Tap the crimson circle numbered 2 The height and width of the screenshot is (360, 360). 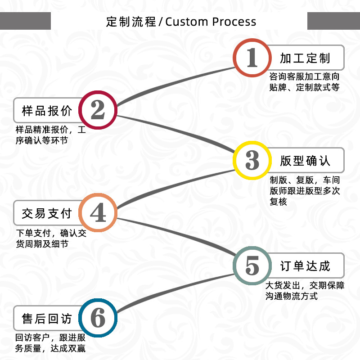tap(98, 110)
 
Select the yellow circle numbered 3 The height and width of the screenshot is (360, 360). tap(252, 160)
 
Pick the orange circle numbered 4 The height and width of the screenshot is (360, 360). tap(98, 213)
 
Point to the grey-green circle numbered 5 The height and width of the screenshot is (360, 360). tap(252, 265)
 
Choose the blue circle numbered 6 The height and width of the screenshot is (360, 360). tap(98, 319)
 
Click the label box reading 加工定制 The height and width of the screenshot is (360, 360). tap(306, 58)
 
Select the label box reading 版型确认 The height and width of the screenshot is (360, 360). tap(306, 160)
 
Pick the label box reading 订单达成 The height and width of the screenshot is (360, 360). tap(306, 265)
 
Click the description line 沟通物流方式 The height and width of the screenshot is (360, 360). tap(291, 296)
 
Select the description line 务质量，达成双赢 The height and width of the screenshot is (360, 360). tap(50, 348)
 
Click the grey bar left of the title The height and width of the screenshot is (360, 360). tap(25, 21)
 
